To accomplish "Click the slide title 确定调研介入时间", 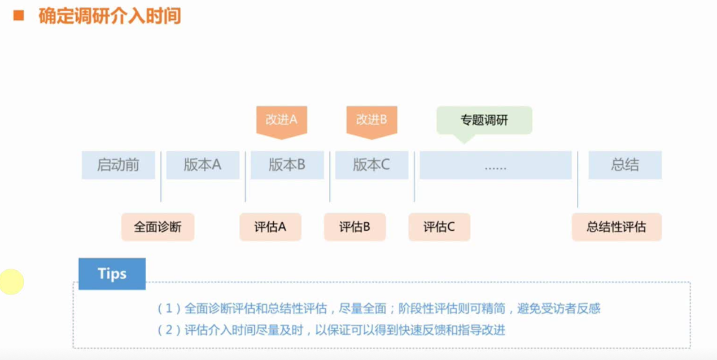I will click(x=110, y=16).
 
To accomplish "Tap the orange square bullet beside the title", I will click(x=19, y=15).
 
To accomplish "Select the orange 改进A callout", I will click(x=281, y=120).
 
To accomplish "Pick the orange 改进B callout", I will click(x=371, y=120).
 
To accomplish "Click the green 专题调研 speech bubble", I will click(x=484, y=120).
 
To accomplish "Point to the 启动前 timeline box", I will click(x=118, y=165).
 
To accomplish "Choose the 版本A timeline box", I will click(x=203, y=165).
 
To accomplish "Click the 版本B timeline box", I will click(x=287, y=165).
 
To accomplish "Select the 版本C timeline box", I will click(x=371, y=165).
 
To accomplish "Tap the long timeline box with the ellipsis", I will click(x=495, y=165).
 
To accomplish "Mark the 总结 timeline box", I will click(x=625, y=165).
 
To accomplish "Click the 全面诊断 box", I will click(x=158, y=227).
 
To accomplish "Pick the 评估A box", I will click(x=270, y=227).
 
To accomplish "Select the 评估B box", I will click(x=355, y=227).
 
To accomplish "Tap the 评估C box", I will click(x=439, y=227).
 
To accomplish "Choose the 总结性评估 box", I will click(x=617, y=227).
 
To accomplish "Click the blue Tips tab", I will click(x=112, y=274).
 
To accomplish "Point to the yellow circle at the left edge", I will click(x=11, y=282).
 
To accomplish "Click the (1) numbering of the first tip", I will click(x=169, y=309).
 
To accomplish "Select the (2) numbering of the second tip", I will click(x=169, y=330).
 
